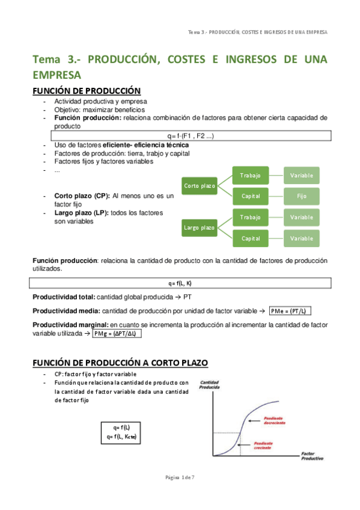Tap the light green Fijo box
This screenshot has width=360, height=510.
pos(301,196)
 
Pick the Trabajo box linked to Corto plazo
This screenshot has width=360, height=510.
pos(250,175)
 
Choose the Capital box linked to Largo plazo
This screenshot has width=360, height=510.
pos(250,238)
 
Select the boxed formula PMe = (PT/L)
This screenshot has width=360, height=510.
pos(291,311)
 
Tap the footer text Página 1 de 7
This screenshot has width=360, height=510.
pos(180,477)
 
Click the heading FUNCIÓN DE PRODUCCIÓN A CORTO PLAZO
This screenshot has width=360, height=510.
pos(120,363)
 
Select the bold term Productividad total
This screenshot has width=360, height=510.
pos(63,297)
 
